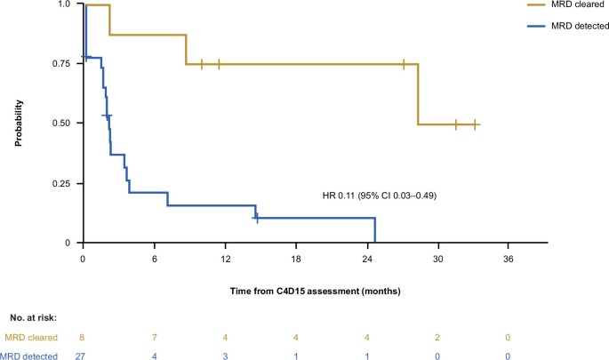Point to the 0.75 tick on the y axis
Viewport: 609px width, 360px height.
tap(59, 63)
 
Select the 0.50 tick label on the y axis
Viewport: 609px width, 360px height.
tap(59, 123)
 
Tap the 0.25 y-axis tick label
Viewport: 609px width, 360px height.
tap(59, 183)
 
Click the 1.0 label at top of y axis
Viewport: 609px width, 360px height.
tap(64, 4)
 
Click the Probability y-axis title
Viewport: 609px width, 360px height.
tap(19, 123)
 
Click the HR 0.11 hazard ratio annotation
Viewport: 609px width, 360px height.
tap(379, 195)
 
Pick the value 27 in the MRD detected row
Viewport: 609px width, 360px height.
tap(84, 356)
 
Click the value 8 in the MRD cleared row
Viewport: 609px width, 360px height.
tap(84, 337)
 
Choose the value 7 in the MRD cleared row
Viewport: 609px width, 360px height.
tap(155, 337)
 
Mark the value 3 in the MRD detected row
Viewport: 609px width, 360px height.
tap(225, 356)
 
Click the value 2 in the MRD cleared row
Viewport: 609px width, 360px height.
tap(437, 337)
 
